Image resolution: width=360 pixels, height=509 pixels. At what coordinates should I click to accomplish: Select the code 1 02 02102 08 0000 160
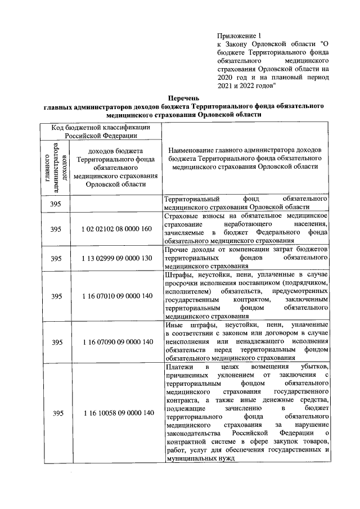tap(116, 229)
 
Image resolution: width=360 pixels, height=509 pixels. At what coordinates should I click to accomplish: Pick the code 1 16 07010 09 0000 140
tap(116, 296)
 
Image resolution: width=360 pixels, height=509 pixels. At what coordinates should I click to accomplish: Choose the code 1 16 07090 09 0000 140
tap(116, 341)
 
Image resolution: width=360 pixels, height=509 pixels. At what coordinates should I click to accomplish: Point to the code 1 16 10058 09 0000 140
tap(116, 413)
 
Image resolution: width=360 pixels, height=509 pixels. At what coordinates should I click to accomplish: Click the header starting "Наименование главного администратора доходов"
tap(245, 159)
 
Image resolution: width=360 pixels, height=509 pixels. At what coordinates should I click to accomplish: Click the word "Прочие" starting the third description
tap(177, 249)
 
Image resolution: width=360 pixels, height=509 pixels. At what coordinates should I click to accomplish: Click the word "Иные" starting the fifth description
tap(174, 326)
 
